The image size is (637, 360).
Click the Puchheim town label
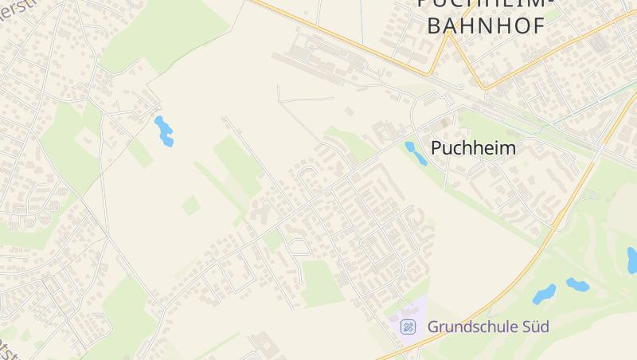(x=473, y=148)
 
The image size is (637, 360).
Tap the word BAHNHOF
(x=486, y=25)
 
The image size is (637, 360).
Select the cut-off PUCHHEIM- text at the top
(x=483, y=4)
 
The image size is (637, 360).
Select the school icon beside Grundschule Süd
(x=408, y=327)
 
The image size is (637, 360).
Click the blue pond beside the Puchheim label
(x=415, y=152)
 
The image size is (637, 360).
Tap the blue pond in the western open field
(x=164, y=131)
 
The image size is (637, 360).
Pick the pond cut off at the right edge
(x=632, y=260)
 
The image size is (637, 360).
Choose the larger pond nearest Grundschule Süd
(x=545, y=294)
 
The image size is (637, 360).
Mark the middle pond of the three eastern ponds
(x=576, y=284)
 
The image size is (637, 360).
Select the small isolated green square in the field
(x=190, y=205)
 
